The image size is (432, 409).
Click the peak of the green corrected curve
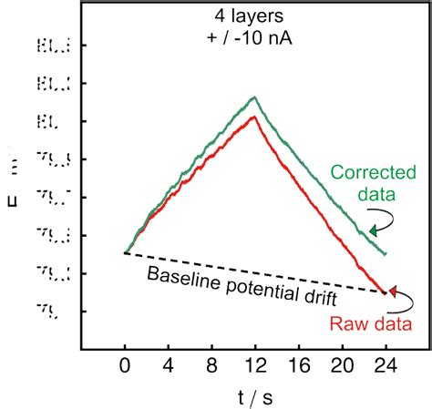[255, 97]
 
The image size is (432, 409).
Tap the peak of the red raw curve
[254, 117]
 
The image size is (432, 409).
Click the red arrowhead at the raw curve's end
[392, 291]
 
